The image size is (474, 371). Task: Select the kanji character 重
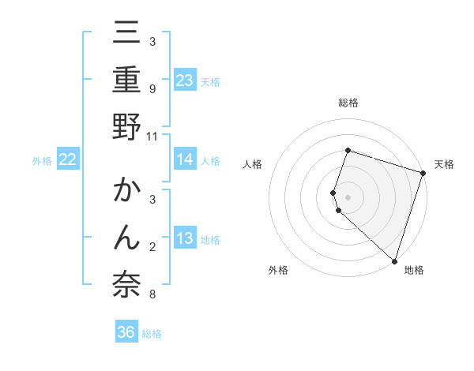click(126, 81)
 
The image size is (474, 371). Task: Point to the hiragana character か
click(126, 192)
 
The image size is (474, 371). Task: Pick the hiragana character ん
click(126, 238)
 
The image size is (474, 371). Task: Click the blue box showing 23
click(185, 81)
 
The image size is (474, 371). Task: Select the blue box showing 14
click(185, 159)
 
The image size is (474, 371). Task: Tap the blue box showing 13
click(185, 238)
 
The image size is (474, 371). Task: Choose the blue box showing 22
click(68, 159)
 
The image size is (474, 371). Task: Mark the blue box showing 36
click(126, 332)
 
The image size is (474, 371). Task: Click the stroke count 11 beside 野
click(152, 136)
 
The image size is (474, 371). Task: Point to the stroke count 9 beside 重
click(152, 88)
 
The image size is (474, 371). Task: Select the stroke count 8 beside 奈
click(152, 294)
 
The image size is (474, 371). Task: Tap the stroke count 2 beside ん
click(152, 247)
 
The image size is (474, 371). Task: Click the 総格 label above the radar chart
click(348, 103)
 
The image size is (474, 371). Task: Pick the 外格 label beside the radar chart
click(277, 270)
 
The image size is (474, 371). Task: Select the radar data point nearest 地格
click(394, 260)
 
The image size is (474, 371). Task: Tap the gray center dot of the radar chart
click(348, 197)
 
